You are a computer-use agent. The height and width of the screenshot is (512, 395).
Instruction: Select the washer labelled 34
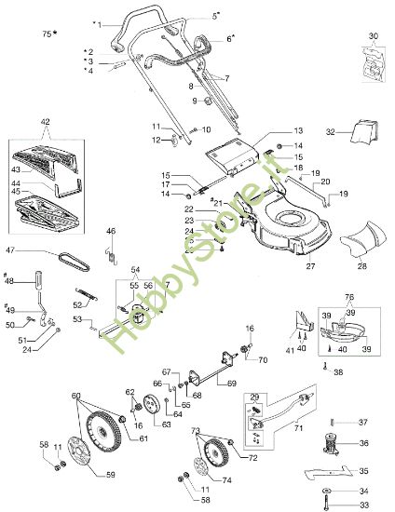[327, 492]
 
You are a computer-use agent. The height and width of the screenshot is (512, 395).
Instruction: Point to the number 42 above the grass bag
[45, 122]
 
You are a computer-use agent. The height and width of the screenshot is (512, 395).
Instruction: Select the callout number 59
[111, 475]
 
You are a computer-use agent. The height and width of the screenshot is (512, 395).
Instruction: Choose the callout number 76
[350, 297]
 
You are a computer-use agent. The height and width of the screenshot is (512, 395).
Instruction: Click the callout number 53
[79, 318]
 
